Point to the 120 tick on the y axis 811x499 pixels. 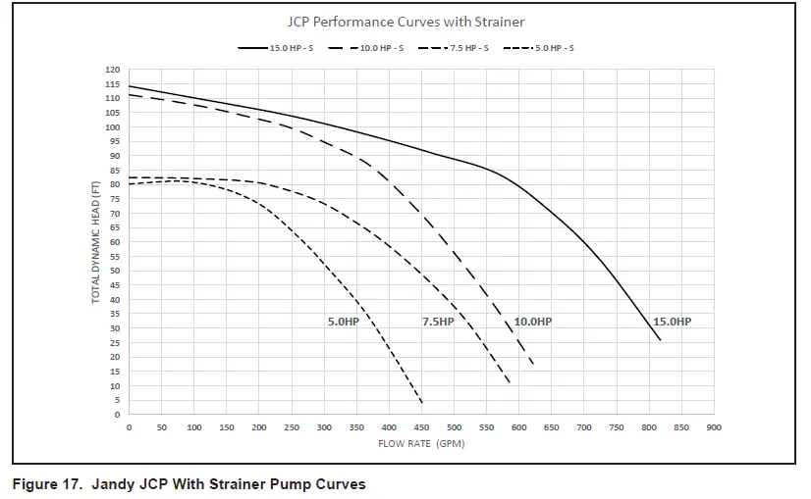[x=112, y=70]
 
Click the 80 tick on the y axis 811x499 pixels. [x=114, y=184]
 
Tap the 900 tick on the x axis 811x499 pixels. [x=714, y=427]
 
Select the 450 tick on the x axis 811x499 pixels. [x=421, y=427]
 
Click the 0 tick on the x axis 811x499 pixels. [x=129, y=427]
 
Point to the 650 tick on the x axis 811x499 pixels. [x=552, y=427]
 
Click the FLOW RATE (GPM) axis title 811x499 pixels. [x=420, y=444]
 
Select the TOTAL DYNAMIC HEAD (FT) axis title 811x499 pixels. [x=96, y=242]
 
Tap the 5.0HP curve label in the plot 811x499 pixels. [x=344, y=322]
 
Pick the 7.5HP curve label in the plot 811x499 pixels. [x=438, y=322]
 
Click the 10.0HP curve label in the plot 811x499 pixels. [x=533, y=322]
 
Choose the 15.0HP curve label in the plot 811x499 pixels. [x=672, y=322]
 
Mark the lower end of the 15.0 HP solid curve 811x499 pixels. [x=660, y=340]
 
